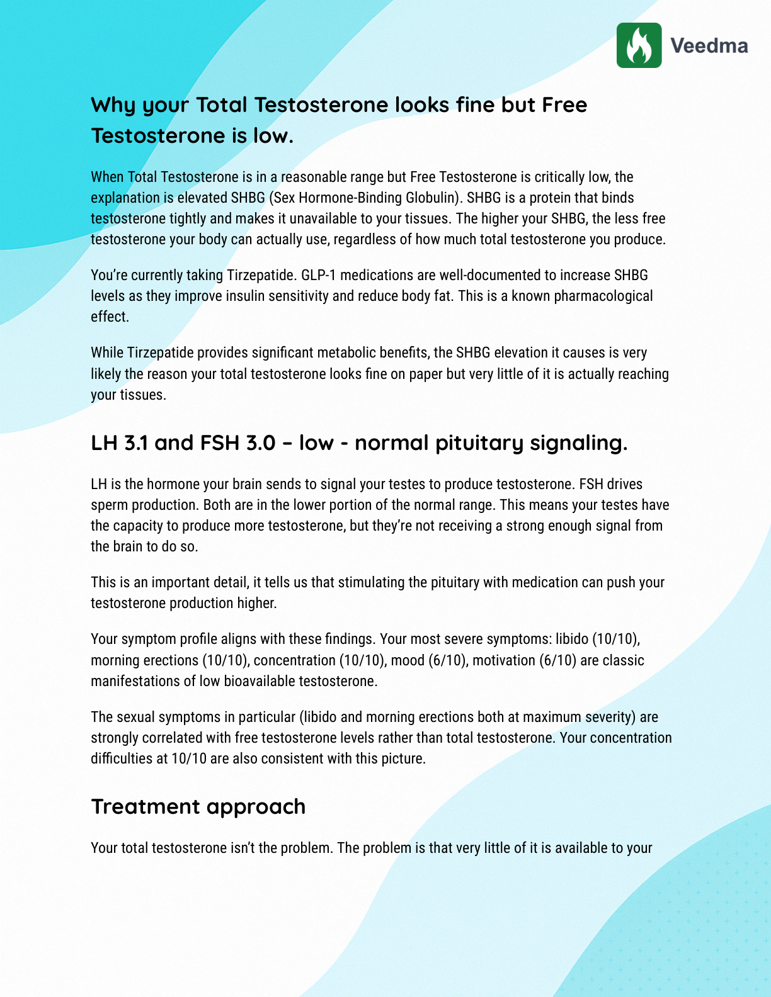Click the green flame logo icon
tap(639, 45)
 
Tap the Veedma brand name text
tap(709, 46)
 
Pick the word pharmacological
tap(603, 296)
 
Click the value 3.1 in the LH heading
tap(136, 443)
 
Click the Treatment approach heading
tap(198, 806)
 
